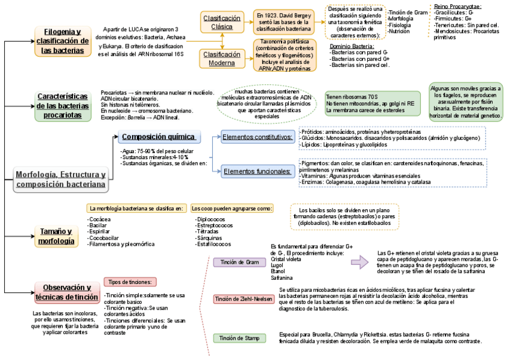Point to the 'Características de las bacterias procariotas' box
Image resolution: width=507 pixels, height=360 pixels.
(x=63, y=106)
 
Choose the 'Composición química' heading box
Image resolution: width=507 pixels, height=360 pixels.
(x=158, y=137)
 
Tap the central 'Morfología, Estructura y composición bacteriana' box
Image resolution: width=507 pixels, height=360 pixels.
(x=60, y=179)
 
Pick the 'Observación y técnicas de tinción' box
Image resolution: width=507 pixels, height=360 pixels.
(x=66, y=292)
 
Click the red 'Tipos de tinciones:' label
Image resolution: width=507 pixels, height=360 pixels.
(x=131, y=282)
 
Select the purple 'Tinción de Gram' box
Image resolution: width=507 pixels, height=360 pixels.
(x=239, y=262)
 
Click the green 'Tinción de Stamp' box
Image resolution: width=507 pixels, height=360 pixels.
(x=239, y=338)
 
